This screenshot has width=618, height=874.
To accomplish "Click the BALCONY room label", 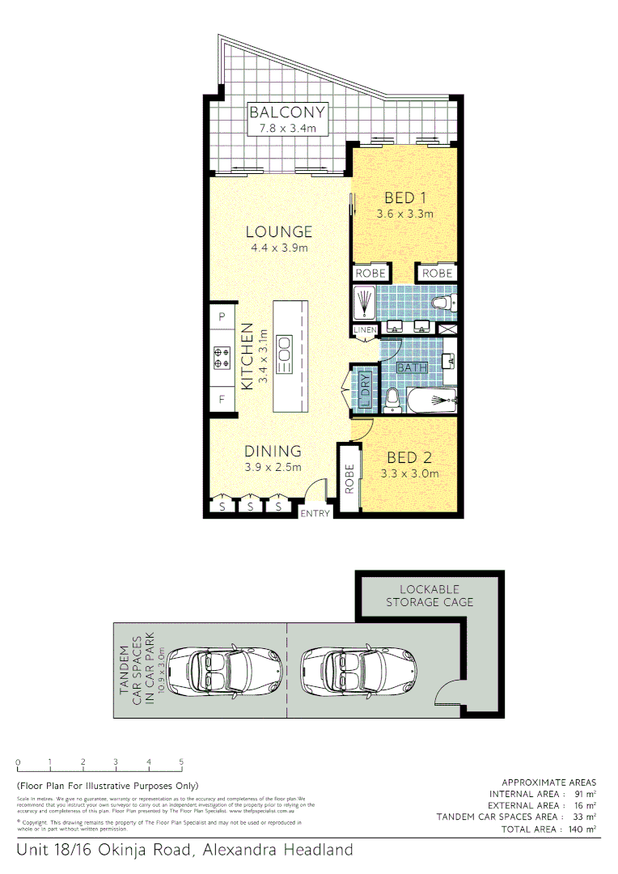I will point(287,112).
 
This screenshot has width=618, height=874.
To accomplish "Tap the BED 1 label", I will point(405,197).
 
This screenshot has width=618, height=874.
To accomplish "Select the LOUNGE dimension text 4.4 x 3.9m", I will point(279,248).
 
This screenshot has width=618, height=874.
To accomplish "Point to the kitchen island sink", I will point(285,354).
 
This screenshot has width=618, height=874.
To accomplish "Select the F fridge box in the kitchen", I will point(222,399).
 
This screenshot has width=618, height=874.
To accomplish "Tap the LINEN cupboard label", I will point(364,330).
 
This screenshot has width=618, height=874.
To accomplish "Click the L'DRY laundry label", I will point(365,389).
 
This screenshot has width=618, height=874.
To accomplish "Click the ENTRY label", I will point(315,514).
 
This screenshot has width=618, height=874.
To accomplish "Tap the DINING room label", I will point(273,452).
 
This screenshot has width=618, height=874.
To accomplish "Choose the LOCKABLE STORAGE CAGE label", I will point(430,596).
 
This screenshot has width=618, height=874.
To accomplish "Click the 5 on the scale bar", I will point(181,762).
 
